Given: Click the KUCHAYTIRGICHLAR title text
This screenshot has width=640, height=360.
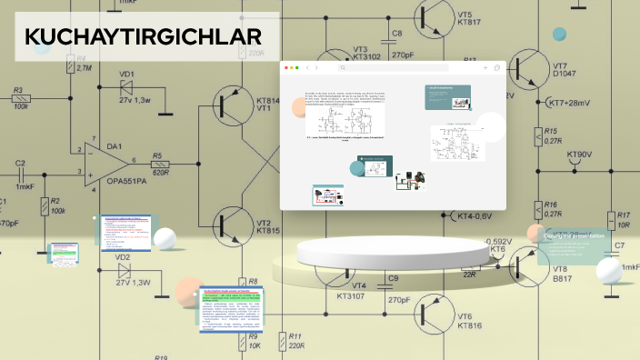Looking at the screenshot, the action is [143, 37].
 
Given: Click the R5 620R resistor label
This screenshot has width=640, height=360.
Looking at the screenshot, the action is [160, 163].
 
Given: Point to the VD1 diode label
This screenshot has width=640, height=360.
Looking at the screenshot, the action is [126, 74].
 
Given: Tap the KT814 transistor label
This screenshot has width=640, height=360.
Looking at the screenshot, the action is [268, 101].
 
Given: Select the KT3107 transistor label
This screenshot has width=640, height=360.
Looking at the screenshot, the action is [351, 295].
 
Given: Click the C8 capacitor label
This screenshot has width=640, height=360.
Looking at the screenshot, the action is [397, 34].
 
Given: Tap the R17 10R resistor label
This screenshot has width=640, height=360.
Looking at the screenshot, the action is [623, 219].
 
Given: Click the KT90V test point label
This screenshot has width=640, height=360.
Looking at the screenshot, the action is [579, 155].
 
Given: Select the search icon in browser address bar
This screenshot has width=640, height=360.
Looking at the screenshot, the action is [343, 68].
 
